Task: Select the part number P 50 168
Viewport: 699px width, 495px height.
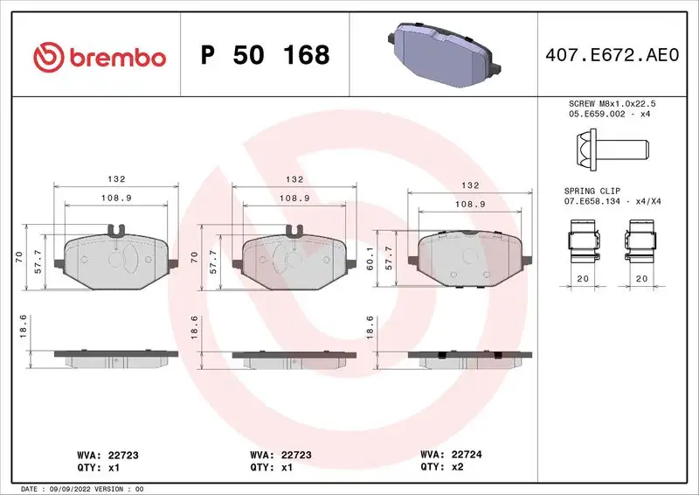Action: pyautogui.click(x=265, y=55)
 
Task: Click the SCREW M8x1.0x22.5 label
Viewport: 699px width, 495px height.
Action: pyautogui.click(x=611, y=103)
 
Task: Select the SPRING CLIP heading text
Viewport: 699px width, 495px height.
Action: pyautogui.click(x=592, y=190)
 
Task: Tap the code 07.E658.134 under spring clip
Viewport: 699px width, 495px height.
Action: pyautogui.click(x=592, y=201)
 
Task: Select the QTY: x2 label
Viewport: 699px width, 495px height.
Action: pyautogui.click(x=443, y=467)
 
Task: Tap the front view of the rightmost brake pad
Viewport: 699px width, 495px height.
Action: pyautogui.click(x=469, y=261)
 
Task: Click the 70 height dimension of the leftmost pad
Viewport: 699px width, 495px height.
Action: pyautogui.click(x=18, y=256)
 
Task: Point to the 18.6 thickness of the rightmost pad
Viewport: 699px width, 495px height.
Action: pyautogui.click(x=370, y=326)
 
